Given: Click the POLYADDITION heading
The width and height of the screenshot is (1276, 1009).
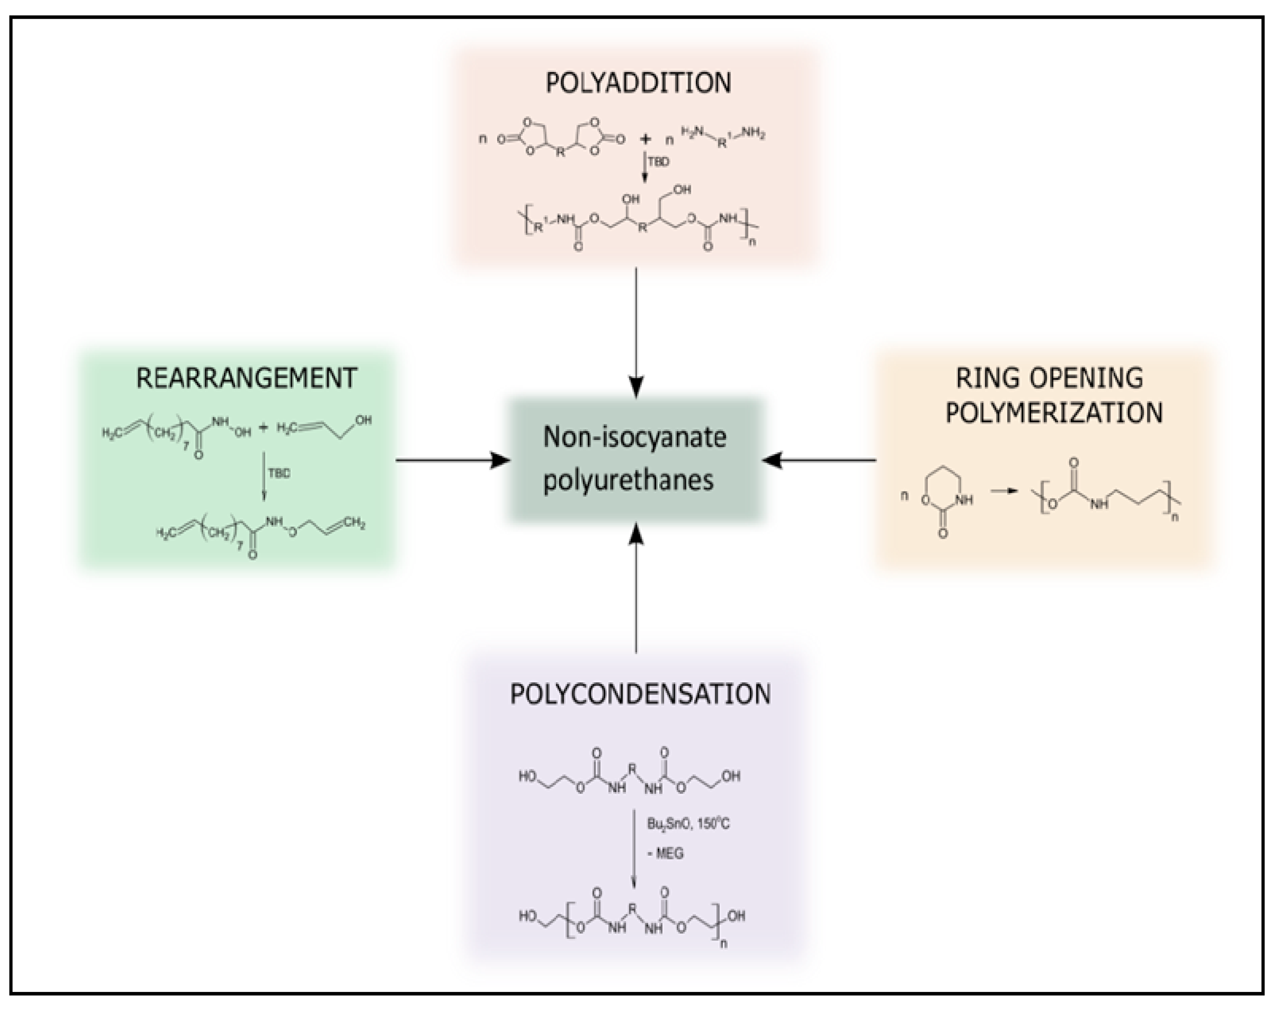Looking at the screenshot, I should click(638, 83).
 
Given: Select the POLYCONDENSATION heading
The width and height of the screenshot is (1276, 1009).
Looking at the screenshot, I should click(640, 694).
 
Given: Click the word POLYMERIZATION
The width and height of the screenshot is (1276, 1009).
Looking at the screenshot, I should click(1054, 413).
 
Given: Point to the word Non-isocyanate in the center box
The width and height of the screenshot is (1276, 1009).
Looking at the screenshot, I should click(634, 438).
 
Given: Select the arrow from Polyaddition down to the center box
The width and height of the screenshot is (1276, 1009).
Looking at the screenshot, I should click(636, 331).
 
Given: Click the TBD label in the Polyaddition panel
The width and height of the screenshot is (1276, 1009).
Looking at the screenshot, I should click(658, 162).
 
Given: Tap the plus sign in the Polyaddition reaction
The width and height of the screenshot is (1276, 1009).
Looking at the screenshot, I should click(646, 139).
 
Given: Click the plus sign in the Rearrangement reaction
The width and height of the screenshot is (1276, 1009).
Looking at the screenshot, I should click(263, 427).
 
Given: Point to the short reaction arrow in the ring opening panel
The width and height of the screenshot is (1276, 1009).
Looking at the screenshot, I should click(1004, 491).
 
